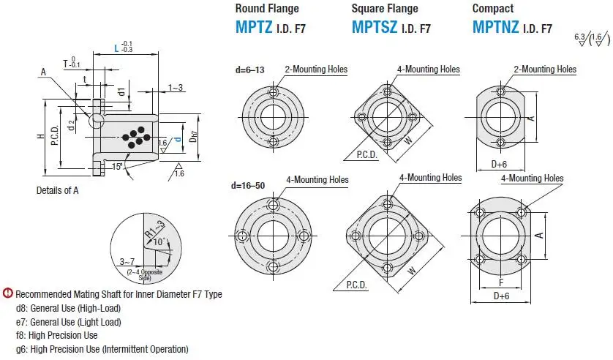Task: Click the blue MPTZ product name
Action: coord(254,27)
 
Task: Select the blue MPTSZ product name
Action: coord(375,27)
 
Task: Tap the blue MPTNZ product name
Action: coord(495,27)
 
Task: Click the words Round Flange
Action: coord(267,8)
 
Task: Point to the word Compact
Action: coord(492,8)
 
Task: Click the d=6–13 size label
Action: coord(250,70)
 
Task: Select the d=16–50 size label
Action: coord(248,185)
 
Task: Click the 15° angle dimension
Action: coord(117,167)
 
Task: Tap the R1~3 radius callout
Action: coord(155,229)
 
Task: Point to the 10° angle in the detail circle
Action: coord(159,241)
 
